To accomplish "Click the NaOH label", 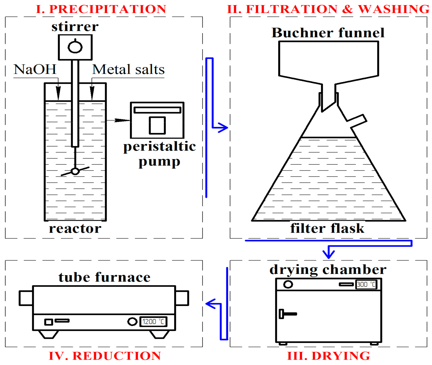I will pyautogui.click(x=35, y=70).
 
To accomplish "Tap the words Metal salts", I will pyautogui.click(x=128, y=70).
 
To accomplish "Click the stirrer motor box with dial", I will pyautogui.click(x=75, y=47).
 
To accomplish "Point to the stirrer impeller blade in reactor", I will pyautogui.click(x=75, y=171).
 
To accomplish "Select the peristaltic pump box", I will pyautogui.click(x=157, y=120).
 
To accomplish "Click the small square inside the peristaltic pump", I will pyautogui.click(x=157, y=125).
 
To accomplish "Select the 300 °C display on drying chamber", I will pyautogui.click(x=366, y=284).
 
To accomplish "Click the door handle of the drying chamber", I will pyautogui.click(x=287, y=314).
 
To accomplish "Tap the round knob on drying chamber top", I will pyautogui.click(x=288, y=284).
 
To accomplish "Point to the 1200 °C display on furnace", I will pyautogui.click(x=153, y=322).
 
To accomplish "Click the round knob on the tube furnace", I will pyautogui.click(x=132, y=322).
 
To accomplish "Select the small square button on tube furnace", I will pyautogui.click(x=49, y=322).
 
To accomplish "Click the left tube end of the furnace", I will pyautogui.click(x=26, y=298).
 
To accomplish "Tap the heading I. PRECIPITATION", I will pyautogui.click(x=101, y=9).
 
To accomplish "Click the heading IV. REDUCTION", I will pyautogui.click(x=105, y=356).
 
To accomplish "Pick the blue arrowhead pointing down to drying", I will pyautogui.click(x=329, y=254).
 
